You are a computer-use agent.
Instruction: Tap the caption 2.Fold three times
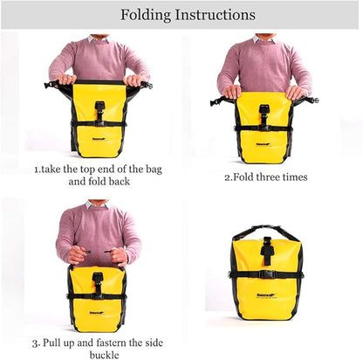click(266, 177)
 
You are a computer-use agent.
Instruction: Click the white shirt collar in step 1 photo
click(97, 38)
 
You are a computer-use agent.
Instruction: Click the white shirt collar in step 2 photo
click(264, 38)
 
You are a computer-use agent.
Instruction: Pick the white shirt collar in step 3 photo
click(98, 205)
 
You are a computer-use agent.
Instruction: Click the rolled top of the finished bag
click(265, 233)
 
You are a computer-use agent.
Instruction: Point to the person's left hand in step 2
click(298, 91)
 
